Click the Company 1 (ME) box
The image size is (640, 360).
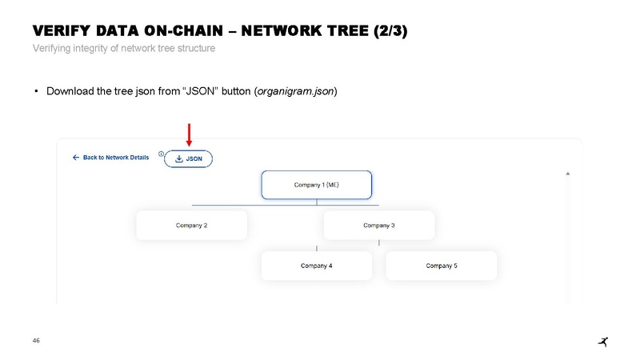316,185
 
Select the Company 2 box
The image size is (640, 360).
191,226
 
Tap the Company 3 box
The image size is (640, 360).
378,226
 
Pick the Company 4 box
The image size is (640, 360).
316,266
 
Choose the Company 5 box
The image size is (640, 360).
442,266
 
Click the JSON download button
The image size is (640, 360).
188,158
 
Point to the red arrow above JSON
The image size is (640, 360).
189,134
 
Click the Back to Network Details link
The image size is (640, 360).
116,158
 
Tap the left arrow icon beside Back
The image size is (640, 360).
75,158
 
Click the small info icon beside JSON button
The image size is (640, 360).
161,154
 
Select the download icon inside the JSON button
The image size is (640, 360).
178,158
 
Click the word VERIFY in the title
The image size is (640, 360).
62,31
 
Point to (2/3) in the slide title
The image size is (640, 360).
390,31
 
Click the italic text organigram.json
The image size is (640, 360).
296,91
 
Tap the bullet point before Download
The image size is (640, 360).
36,91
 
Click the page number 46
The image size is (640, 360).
36,341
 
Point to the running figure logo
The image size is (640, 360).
603,342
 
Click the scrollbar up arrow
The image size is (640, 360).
568,174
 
